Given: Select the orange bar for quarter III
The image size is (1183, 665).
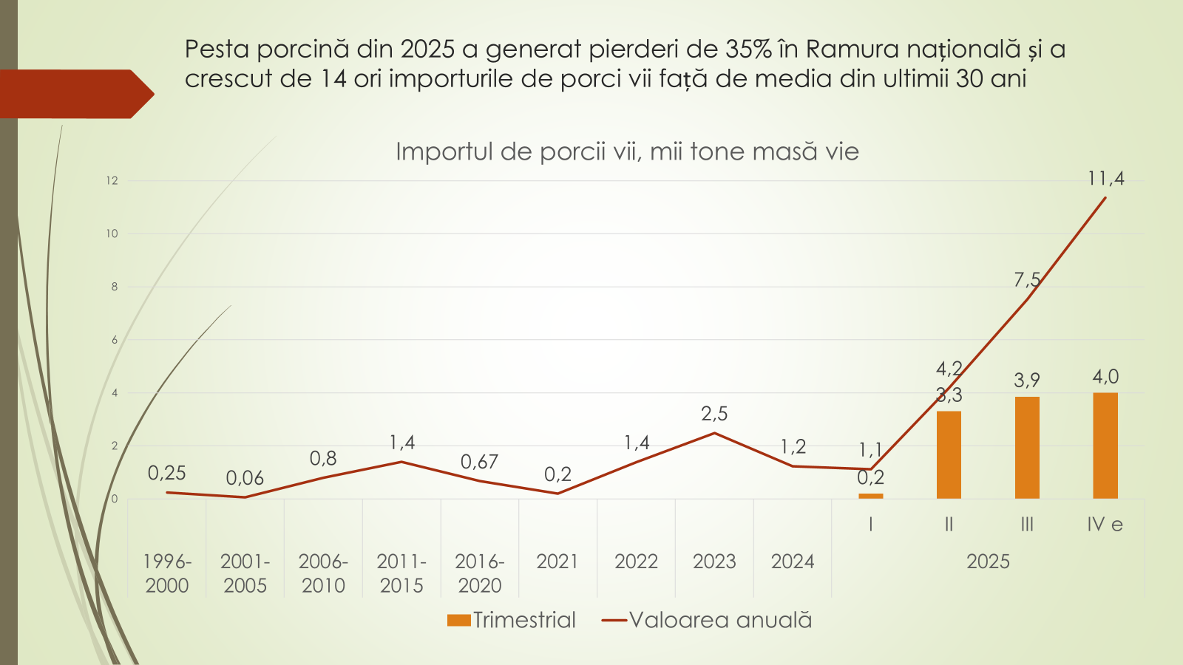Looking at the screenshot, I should tap(1027, 448).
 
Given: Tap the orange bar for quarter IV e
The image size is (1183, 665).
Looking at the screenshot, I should tap(1105, 446).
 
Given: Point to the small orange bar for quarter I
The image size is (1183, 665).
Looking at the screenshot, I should tap(871, 496).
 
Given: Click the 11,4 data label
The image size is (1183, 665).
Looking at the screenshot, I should tap(1105, 179).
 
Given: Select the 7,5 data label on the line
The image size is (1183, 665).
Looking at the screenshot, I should tap(1027, 280).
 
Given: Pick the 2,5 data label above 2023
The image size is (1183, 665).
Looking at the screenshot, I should tap(714, 414).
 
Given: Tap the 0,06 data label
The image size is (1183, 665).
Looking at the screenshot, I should tap(245, 478).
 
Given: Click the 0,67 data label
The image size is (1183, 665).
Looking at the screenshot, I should tap(479, 463).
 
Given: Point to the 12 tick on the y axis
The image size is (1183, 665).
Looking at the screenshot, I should tap(112, 180).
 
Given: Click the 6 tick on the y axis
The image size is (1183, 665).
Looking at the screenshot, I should tap(115, 340).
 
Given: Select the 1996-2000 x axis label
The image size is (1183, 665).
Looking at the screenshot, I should tap(167, 573).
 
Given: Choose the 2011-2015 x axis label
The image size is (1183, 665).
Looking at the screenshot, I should tap(401, 573).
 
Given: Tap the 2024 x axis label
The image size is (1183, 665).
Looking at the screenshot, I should tap(793, 562).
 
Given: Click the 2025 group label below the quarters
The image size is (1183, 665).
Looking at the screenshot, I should tap(988, 562).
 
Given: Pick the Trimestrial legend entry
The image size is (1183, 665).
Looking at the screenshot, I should tap(512, 620).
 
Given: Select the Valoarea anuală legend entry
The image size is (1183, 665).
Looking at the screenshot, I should tap(708, 620).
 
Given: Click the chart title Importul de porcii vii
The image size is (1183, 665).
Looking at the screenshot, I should tap(627, 151).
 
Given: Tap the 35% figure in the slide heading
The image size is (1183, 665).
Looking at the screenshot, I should tap(748, 49).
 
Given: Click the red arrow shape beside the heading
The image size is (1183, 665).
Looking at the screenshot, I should tap(74, 94).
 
